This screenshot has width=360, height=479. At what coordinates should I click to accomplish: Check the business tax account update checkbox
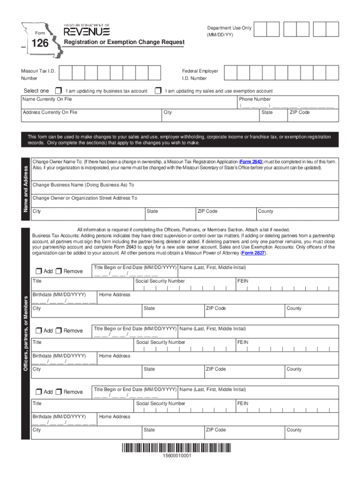click(58, 90)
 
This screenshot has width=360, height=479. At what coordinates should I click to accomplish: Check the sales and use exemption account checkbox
click(158, 90)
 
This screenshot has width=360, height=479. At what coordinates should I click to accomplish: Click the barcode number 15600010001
click(177, 456)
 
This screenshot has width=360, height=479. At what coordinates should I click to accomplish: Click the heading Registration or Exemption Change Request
click(124, 42)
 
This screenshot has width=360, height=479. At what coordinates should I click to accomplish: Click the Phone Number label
click(255, 99)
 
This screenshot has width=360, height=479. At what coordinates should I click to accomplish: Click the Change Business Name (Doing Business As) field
click(185, 188)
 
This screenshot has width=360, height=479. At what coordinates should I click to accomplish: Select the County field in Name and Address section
click(297, 214)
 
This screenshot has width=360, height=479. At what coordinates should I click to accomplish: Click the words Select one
click(36, 91)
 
